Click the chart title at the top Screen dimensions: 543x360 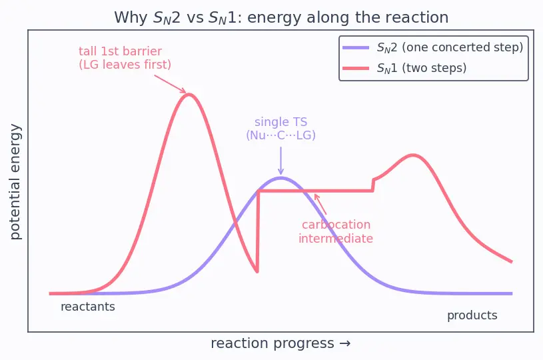coord(281,17)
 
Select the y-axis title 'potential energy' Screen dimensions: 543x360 coord(15,182)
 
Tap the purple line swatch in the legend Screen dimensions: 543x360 coord(356,48)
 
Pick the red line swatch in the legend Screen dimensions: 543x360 coord(356,68)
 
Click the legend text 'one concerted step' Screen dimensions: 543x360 coord(462,47)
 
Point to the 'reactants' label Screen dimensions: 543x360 coord(88,307)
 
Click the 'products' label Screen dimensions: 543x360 coord(472,315)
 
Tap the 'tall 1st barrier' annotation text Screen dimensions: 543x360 coord(120,51)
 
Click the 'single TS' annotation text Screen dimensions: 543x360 coord(281,122)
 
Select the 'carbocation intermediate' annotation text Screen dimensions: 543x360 coord(336,231)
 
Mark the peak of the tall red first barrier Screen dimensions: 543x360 coord(189,94)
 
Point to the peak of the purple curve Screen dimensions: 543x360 coord(281,178)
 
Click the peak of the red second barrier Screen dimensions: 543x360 coord(413,155)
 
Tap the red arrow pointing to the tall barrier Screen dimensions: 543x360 coord(170,84)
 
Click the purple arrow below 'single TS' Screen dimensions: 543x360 coord(281,161)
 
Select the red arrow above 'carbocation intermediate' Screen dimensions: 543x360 coord(320,204)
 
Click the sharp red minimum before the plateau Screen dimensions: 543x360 coord(257,272)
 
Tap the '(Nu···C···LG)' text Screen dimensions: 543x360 coord(281,135)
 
